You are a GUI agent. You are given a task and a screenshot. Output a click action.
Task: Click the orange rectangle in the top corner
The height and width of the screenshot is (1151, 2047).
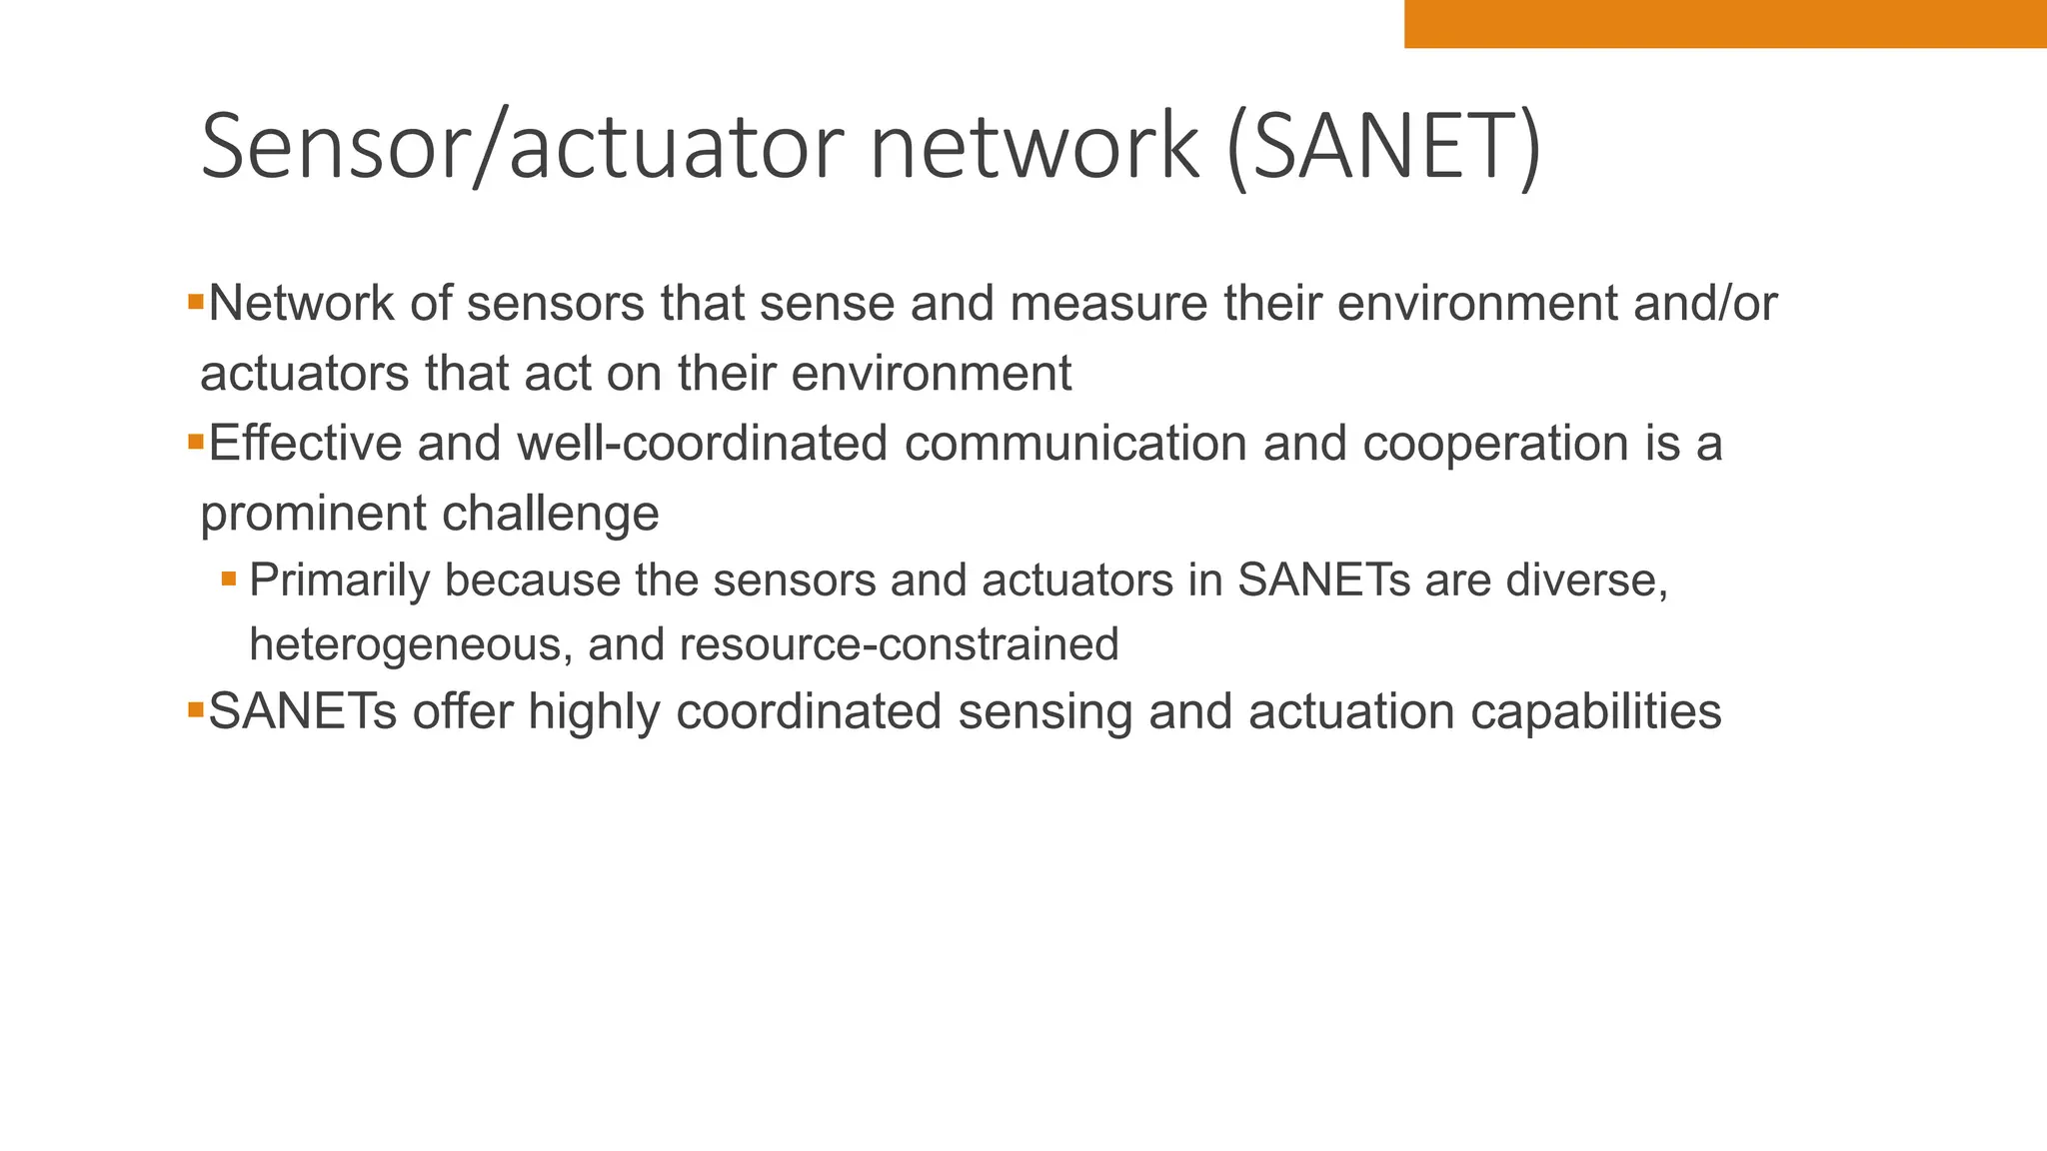tap(1724, 23)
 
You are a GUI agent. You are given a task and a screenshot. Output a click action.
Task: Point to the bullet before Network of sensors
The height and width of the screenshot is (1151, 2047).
tap(196, 300)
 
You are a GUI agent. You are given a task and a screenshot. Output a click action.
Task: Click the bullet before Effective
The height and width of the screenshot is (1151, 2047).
tap(196, 440)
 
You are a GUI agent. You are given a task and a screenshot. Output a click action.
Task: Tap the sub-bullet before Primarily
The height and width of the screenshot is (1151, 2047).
tap(229, 578)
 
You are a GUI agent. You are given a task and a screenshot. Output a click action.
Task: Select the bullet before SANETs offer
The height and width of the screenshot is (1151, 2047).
tap(196, 709)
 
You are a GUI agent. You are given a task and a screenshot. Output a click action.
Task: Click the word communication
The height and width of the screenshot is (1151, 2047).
tap(1075, 443)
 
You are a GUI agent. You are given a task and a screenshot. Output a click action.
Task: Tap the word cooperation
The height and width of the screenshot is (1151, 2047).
tap(1495, 443)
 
